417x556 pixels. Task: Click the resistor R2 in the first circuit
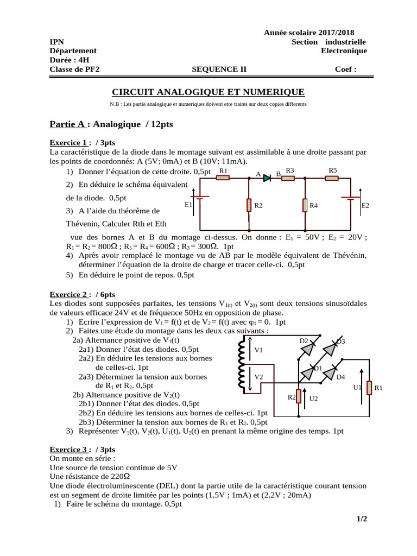pyautogui.click(x=249, y=205)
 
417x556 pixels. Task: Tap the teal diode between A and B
pyautogui.click(x=267, y=177)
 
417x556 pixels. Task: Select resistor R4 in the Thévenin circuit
pyautogui.click(x=305, y=205)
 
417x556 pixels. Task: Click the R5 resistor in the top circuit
pyautogui.click(x=332, y=178)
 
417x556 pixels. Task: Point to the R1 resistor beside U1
pyautogui.click(x=369, y=388)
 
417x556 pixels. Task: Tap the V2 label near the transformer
pyautogui.click(x=259, y=377)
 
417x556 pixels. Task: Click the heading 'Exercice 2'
pyautogui.click(x=69, y=294)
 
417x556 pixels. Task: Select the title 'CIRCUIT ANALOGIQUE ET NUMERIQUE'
pyautogui.click(x=208, y=92)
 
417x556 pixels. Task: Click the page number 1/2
pyautogui.click(x=362, y=519)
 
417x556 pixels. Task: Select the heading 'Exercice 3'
pyautogui.click(x=69, y=450)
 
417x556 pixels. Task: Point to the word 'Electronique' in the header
pyautogui.click(x=344, y=51)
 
